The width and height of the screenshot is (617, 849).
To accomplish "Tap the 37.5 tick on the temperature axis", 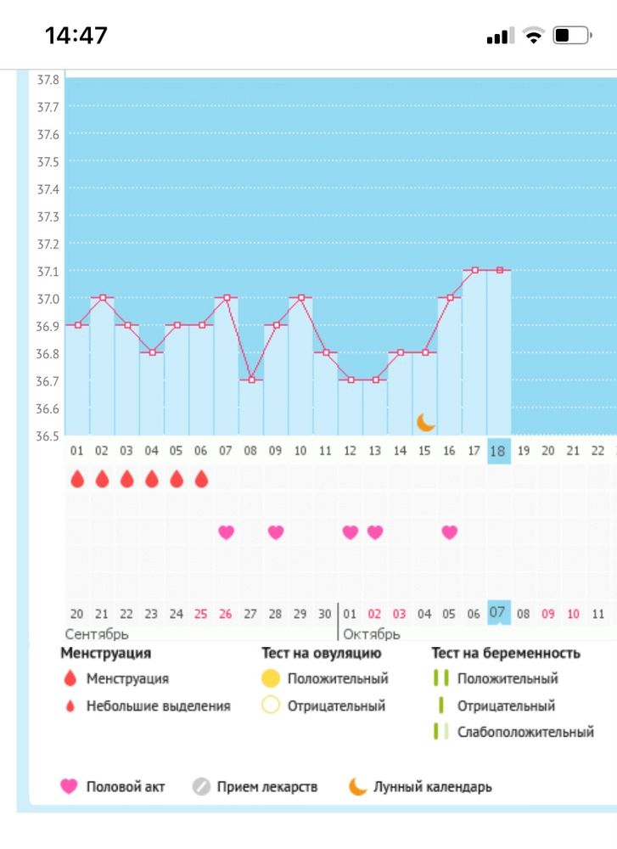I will (x=48, y=161).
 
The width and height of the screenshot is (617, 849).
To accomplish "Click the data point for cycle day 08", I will (x=250, y=380).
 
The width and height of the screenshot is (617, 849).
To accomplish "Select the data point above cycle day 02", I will (x=103, y=297).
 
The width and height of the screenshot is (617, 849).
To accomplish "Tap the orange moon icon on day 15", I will (x=426, y=422).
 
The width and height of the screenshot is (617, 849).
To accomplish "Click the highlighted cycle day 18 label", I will (x=498, y=451).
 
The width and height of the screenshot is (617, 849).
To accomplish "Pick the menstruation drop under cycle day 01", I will (x=77, y=480).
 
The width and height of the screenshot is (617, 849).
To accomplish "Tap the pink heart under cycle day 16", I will (x=449, y=532).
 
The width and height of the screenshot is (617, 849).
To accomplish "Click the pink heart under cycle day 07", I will (x=226, y=532).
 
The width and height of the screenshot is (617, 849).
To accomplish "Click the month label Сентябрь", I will (x=97, y=633).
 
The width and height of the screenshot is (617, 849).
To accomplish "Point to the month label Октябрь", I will (x=371, y=633).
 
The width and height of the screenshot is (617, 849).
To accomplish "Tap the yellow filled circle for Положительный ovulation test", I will (x=271, y=678).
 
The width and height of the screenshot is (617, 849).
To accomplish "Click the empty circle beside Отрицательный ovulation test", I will (x=271, y=706).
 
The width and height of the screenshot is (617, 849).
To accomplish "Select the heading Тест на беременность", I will (x=506, y=653).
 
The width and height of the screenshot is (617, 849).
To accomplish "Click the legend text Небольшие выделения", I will (x=158, y=706).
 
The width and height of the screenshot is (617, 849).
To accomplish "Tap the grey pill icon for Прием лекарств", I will (x=201, y=786).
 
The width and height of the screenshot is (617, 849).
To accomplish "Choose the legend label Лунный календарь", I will (x=432, y=786).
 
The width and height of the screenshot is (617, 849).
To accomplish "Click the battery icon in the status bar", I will (x=571, y=36).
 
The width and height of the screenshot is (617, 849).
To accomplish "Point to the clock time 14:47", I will (x=76, y=36).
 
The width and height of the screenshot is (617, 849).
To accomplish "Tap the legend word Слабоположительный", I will (x=525, y=732).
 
